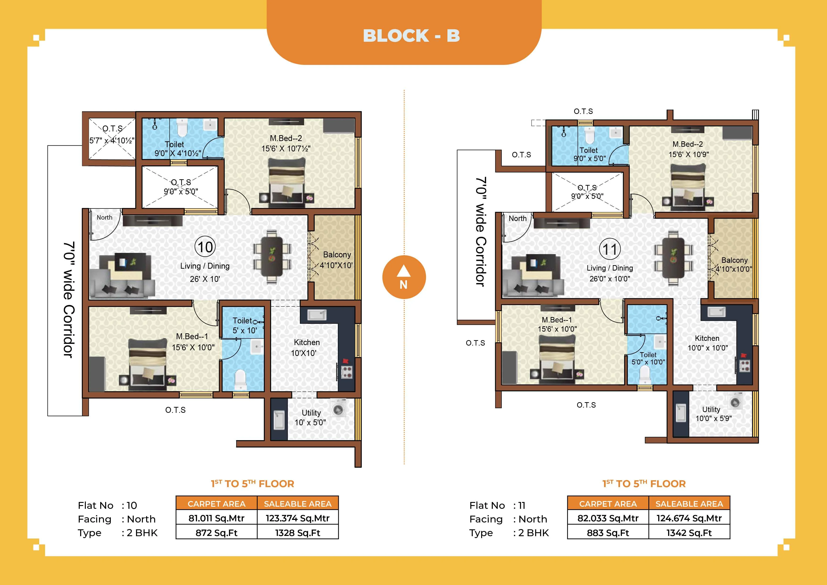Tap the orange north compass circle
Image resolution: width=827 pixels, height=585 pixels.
pyautogui.click(x=404, y=277)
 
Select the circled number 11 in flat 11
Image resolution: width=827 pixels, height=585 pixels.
pyautogui.click(x=610, y=249)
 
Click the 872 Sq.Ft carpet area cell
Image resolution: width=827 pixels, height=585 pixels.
pyautogui.click(x=216, y=532)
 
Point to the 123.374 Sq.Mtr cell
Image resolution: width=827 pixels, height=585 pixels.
pyautogui.click(x=298, y=518)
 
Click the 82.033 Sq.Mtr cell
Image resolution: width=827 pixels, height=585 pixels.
pyautogui.click(x=608, y=518)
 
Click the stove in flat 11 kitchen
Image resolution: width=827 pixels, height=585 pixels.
pyautogui.click(x=744, y=365)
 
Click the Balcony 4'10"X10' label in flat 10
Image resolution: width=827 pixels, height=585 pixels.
pyautogui.click(x=336, y=260)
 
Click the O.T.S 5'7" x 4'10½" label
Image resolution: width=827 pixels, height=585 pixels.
pyautogui.click(x=112, y=134)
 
